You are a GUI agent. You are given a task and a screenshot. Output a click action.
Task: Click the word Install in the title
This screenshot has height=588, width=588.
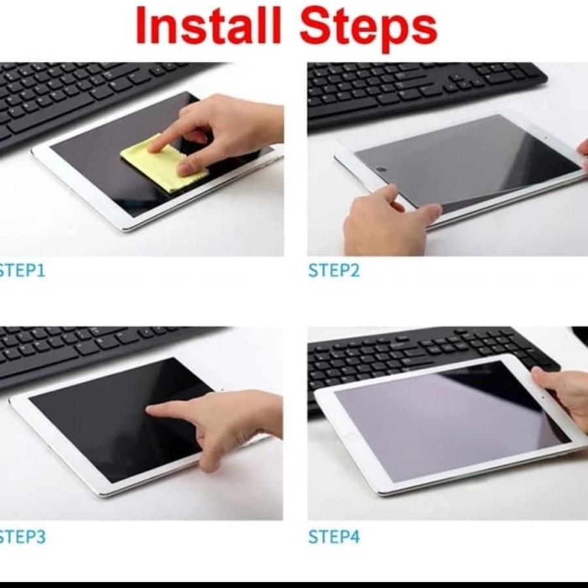coord(208,25)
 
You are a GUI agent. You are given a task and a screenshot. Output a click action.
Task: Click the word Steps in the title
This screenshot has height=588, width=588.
coord(368,28)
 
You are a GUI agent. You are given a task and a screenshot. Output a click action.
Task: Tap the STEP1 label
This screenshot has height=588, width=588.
coord(22,270)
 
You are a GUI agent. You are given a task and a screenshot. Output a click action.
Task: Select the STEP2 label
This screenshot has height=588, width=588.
coord(334,270)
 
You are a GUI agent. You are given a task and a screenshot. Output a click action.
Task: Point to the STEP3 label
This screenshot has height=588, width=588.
coord(22,536)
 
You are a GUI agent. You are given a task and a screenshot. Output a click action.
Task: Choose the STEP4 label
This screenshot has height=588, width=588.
coord(334,536)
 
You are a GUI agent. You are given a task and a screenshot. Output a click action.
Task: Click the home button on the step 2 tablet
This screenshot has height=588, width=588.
coord(381,169)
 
